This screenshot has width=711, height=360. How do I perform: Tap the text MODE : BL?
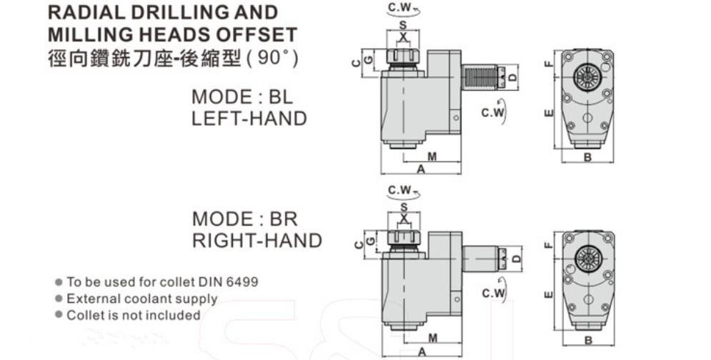pyautogui.click(x=242, y=97)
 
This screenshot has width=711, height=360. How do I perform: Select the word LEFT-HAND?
pyautogui.click(x=249, y=119)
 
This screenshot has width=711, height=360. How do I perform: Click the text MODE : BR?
pyautogui.click(x=245, y=219)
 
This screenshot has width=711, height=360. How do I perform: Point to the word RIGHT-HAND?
pyautogui.click(x=257, y=241)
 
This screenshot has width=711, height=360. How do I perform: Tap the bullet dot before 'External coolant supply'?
pyautogui.click(x=59, y=299)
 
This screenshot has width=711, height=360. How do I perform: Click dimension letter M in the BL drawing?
pyautogui.click(x=432, y=157)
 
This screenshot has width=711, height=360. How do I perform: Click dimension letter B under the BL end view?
pyautogui.click(x=587, y=158)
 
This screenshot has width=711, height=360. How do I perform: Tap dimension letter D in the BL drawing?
pyautogui.click(x=513, y=78)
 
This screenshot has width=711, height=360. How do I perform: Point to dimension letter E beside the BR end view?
pyautogui.click(x=549, y=295)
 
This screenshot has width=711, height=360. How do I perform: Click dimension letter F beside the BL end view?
pyautogui.click(x=549, y=64)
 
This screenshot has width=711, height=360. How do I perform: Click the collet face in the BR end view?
pyautogui.click(x=589, y=259)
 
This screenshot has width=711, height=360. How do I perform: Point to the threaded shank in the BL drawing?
pyautogui.click(x=479, y=78)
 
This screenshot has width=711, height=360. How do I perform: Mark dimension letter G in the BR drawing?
pyautogui.click(x=371, y=241)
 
